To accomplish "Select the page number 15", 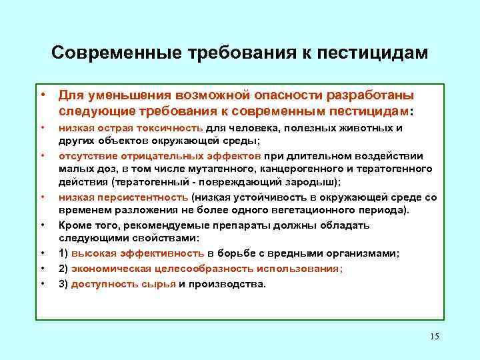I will [435, 336].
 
